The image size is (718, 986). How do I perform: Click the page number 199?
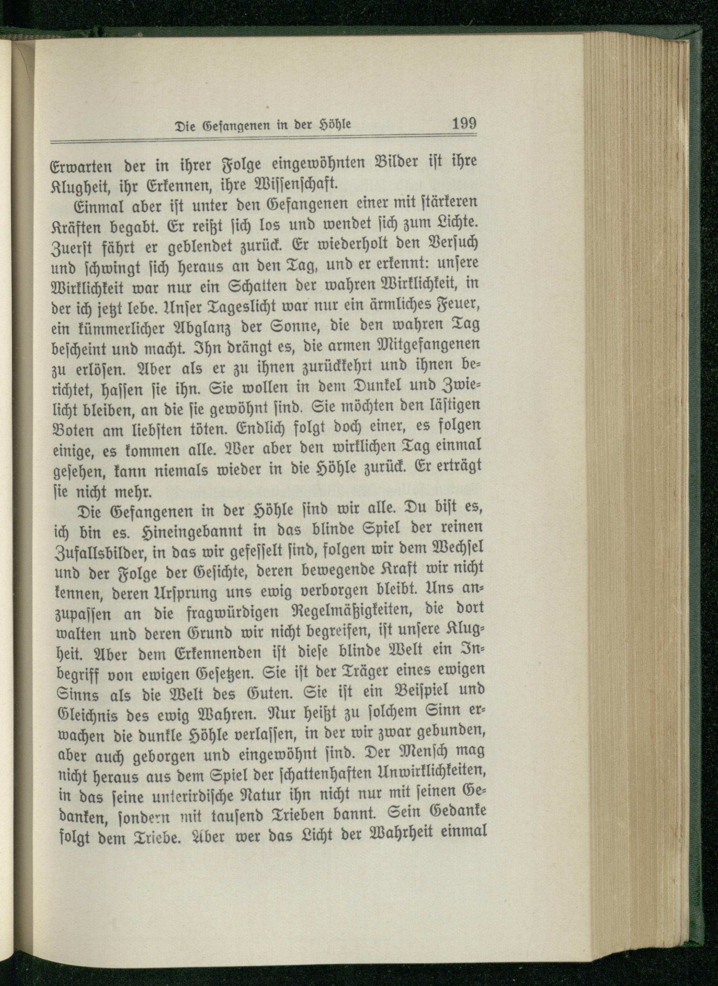(x=464, y=124)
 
